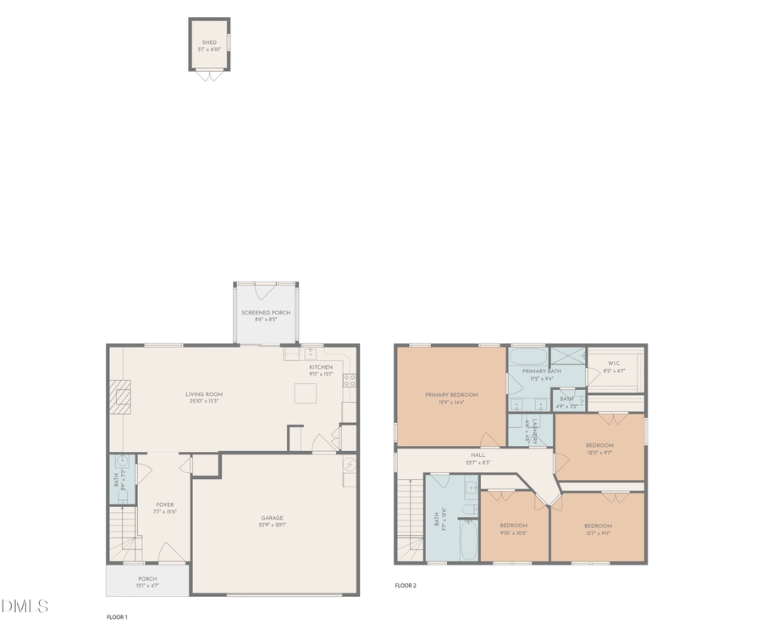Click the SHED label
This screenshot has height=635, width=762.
point(209,42)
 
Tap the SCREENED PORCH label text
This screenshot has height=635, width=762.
point(266,313)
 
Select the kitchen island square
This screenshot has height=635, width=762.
point(305,394)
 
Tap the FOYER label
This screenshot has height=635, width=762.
point(164,504)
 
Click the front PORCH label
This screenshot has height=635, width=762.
point(147,579)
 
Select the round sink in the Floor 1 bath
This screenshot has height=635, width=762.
point(124,463)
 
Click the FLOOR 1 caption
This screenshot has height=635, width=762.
point(117,616)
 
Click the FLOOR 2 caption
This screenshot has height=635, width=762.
point(406,585)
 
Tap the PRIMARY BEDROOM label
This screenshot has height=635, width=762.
point(451,394)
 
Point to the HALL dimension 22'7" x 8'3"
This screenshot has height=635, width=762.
point(478,463)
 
